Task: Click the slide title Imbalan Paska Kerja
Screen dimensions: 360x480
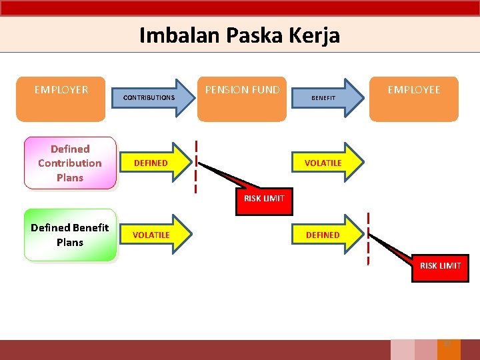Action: tap(239, 35)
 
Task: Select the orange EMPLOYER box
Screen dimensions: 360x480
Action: tap(61, 99)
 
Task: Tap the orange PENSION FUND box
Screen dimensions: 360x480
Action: tap(242, 99)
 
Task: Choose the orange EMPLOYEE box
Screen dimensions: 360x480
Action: tap(414, 99)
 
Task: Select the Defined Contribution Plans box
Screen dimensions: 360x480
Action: tap(70, 163)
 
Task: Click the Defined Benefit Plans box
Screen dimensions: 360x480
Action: tap(70, 235)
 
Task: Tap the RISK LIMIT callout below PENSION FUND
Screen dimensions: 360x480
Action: tap(264, 199)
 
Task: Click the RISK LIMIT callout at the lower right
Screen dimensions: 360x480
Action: tap(440, 267)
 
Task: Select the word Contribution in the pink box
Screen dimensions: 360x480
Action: tap(70, 163)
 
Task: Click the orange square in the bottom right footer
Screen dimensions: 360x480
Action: tap(449, 349)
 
